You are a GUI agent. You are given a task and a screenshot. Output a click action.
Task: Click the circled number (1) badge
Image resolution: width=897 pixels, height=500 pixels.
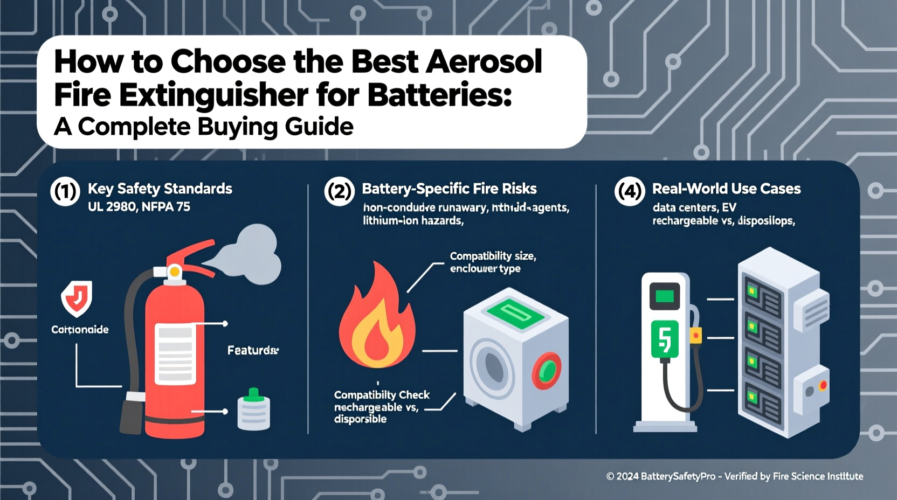65,191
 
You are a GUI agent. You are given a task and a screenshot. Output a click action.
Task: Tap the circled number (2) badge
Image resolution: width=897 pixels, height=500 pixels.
340,191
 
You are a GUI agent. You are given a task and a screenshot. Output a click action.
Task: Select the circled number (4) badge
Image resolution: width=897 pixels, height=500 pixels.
630,191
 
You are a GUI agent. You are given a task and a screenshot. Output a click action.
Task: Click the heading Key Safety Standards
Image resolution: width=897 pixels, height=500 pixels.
160,189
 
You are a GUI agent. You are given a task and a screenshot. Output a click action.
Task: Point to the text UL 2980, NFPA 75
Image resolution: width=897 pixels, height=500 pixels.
139,206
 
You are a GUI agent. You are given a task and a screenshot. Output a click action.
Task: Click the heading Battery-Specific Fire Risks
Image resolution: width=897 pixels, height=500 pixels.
449,189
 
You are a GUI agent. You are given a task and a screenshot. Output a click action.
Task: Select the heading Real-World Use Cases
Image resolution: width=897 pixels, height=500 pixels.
726,189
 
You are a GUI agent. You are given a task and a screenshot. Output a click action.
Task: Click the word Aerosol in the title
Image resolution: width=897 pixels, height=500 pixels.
484,62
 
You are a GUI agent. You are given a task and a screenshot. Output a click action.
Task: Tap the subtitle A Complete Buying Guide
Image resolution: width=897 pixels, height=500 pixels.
204,127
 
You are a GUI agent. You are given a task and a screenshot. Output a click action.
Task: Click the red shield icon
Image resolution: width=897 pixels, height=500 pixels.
77,298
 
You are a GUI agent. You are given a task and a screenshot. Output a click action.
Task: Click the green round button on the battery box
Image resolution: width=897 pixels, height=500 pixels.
547,371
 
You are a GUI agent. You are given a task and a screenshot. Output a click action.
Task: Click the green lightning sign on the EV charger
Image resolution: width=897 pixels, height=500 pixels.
664,339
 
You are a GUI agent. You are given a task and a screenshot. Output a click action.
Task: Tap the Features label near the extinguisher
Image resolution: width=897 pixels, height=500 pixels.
253,351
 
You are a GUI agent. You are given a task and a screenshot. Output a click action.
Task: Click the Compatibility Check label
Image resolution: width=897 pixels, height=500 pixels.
382,395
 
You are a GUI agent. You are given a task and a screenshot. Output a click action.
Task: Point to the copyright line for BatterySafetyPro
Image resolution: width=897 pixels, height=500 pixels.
734,476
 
